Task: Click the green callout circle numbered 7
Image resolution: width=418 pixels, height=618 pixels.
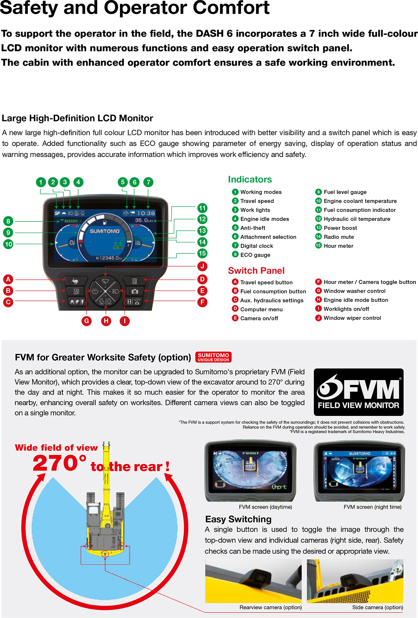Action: [x=148, y=182]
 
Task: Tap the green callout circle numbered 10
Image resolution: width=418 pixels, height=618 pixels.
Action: [x=8, y=244]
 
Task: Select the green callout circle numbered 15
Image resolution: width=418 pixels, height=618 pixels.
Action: [x=202, y=253]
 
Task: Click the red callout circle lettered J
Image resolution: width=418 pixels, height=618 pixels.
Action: [x=202, y=266]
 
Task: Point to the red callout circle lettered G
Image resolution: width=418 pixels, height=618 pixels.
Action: [x=87, y=321]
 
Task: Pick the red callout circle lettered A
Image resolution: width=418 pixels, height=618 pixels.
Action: [x=8, y=279]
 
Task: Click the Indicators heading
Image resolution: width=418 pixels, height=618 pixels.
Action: [x=250, y=179]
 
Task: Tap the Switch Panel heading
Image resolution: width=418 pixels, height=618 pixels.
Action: [x=256, y=271]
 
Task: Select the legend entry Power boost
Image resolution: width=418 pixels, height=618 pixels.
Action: [x=340, y=228]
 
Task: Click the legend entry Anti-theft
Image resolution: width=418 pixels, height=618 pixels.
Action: [x=253, y=228]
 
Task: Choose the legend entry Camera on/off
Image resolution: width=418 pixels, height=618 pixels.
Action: [x=259, y=318]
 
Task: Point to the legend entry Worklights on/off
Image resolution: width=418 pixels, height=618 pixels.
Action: [x=346, y=309]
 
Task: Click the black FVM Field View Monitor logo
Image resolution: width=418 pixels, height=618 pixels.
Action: [x=359, y=392]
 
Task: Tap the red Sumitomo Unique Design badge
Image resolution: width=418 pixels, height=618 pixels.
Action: [x=213, y=357]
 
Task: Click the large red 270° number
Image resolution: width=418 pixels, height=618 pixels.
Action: [x=59, y=463]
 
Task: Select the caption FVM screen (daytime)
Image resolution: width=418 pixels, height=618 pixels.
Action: [x=265, y=507]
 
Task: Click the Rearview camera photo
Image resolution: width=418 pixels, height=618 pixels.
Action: [x=253, y=581]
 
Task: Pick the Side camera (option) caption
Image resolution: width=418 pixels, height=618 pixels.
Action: [x=377, y=607]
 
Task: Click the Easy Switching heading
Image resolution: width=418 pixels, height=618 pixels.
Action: [x=238, y=519]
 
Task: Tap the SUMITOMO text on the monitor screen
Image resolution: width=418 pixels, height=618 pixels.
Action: [x=105, y=231]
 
